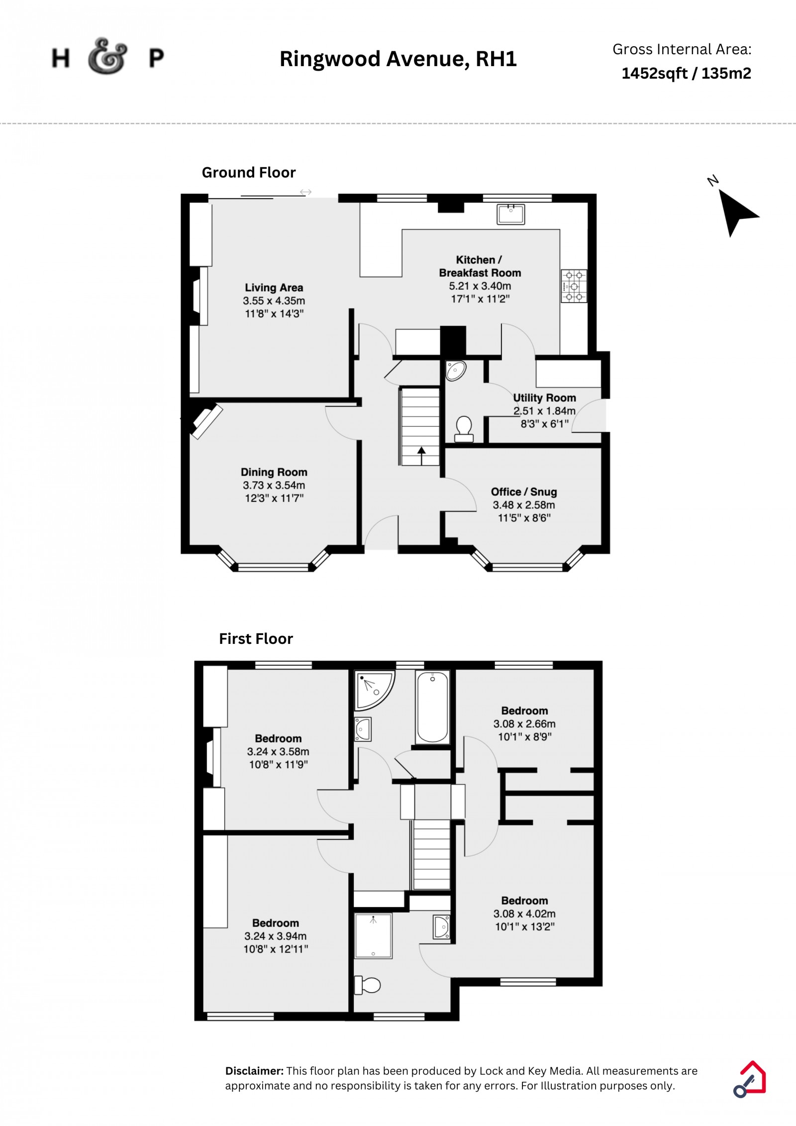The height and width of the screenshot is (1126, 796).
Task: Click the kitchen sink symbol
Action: pyautogui.click(x=510, y=213)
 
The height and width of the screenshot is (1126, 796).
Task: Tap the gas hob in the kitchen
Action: pyautogui.click(x=574, y=286)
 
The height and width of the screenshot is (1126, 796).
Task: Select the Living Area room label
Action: pyautogui.click(x=274, y=288)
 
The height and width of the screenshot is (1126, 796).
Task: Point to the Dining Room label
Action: pyautogui.click(x=274, y=472)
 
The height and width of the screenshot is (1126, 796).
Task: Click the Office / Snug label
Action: pyautogui.click(x=524, y=492)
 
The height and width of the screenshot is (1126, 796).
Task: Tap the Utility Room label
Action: pyautogui.click(x=544, y=398)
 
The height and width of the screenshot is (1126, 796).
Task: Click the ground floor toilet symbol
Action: pyautogui.click(x=464, y=429)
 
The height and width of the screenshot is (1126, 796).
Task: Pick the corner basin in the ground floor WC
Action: pyautogui.click(x=455, y=371)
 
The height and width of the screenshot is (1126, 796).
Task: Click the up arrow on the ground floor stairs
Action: pyautogui.click(x=421, y=455)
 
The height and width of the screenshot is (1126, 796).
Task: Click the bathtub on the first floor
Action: pyautogui.click(x=432, y=707)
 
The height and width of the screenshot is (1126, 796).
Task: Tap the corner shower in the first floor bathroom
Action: pyautogui.click(x=374, y=691)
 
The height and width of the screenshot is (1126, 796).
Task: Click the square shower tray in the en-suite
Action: pyautogui.click(x=373, y=936)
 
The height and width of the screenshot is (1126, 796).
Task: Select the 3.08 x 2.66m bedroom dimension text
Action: pyautogui.click(x=524, y=724)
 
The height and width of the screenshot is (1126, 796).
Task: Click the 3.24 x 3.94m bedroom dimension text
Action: pyautogui.click(x=276, y=936)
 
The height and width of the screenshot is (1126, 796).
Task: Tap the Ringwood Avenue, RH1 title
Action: pyautogui.click(x=398, y=59)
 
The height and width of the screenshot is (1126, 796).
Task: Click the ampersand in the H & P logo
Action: pyautogui.click(x=107, y=56)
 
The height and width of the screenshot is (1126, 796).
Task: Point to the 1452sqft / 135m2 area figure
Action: pyautogui.click(x=687, y=74)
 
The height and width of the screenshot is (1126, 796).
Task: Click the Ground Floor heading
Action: pyautogui.click(x=249, y=173)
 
